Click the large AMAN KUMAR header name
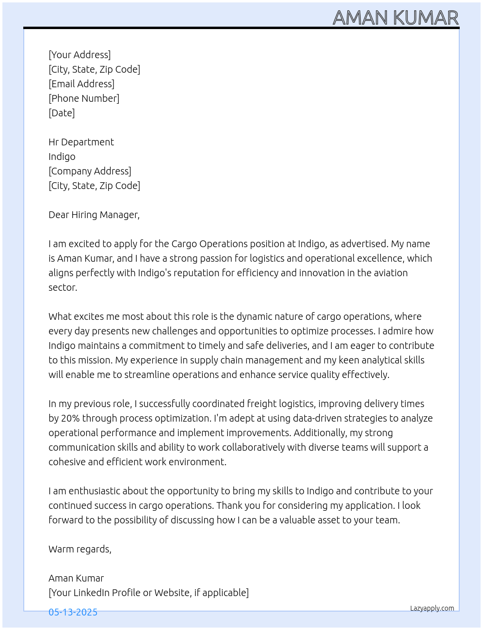pos(395,18)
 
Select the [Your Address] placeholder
pos(80,55)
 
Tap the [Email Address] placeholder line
pos(81,84)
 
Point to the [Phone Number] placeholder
pos(84,98)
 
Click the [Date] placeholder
pos(62,113)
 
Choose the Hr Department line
pos(81,142)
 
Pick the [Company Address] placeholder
pos(90,171)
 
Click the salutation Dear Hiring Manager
pos(94,215)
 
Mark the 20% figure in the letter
pos(70,418)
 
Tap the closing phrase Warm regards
pos(80,549)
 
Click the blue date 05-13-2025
pos(73,612)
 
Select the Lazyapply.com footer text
pos(432,608)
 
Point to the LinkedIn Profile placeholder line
pos(148,593)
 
